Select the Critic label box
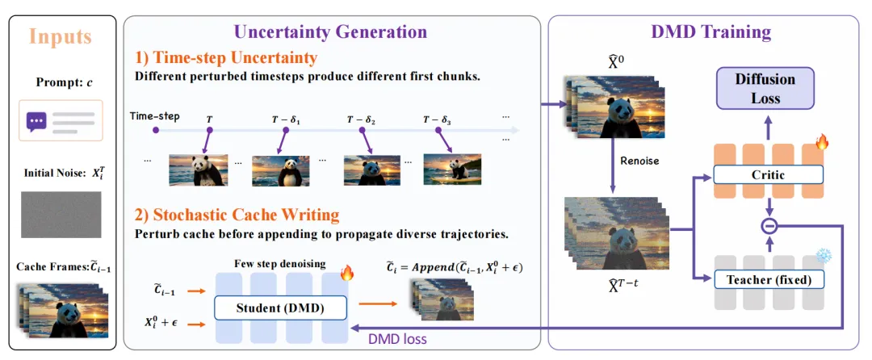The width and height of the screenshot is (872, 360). click(768, 175)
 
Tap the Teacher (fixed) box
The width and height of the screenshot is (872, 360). click(768, 280)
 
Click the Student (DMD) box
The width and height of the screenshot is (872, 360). click(280, 308)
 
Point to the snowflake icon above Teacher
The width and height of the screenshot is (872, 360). click(823, 256)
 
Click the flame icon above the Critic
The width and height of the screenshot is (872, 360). click(822, 143)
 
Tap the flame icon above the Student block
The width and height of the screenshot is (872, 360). click(346, 273)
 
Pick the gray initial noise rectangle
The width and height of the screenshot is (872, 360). click(61, 215)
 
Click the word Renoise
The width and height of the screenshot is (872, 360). click(639, 161)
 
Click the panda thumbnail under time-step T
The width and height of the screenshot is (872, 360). click(198, 170)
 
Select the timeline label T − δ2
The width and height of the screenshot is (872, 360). click(361, 119)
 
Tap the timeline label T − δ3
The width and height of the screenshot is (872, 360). click(438, 119)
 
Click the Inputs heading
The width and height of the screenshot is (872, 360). click(60, 37)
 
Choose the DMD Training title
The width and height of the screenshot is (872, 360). click(711, 31)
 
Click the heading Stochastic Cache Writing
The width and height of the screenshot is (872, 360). click(237, 215)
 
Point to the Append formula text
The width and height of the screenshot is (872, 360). click(455, 267)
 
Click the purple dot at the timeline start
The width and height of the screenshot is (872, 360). click(157, 130)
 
